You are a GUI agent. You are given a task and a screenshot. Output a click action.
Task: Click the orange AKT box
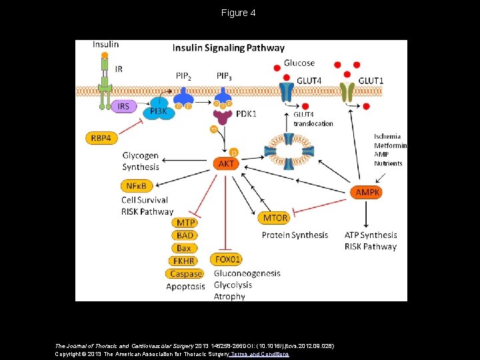point(227,163)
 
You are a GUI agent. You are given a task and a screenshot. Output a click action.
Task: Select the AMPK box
point(367,192)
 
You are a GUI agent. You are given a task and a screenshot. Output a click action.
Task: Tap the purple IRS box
point(123,107)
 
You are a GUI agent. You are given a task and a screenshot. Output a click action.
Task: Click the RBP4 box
point(101,138)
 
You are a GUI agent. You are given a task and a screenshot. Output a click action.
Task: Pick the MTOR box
point(275,218)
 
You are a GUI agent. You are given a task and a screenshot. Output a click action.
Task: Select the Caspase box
point(185,273)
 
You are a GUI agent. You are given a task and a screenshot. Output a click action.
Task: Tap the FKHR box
point(185,261)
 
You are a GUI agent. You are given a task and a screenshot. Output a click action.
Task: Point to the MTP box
point(185,223)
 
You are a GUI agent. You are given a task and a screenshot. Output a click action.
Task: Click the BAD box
point(185,235)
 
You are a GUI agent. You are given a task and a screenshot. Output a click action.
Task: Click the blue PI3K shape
point(158,111)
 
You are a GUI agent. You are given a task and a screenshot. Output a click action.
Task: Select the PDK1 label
point(247,114)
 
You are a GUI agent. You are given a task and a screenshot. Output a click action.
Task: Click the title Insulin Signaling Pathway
point(229,48)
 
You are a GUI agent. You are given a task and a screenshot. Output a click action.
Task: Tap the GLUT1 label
point(371,80)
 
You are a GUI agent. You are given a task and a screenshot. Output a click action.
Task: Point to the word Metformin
point(390,145)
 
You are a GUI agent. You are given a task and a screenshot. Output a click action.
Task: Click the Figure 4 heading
point(239,13)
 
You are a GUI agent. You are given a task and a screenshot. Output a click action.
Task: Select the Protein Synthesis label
point(295,235)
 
